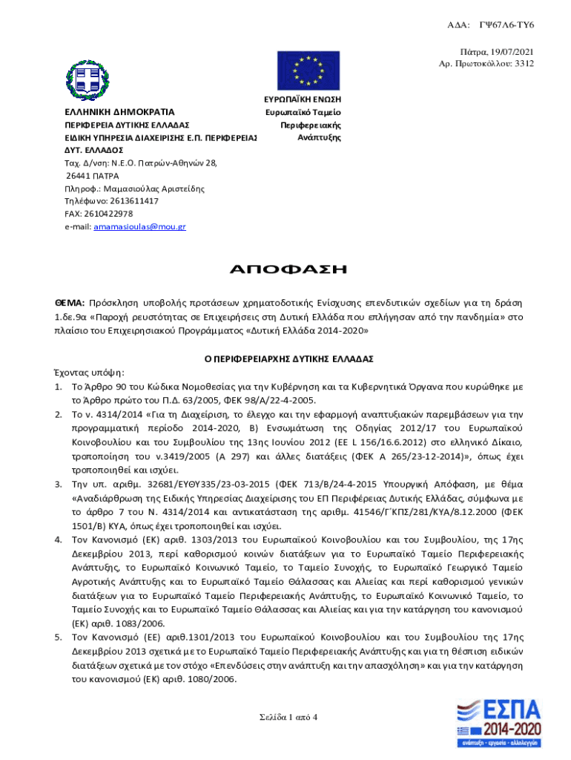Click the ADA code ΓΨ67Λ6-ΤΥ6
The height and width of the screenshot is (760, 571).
pos(506,25)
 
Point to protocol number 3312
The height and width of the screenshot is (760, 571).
pos(524,63)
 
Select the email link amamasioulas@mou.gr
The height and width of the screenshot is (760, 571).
pos(139,226)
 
